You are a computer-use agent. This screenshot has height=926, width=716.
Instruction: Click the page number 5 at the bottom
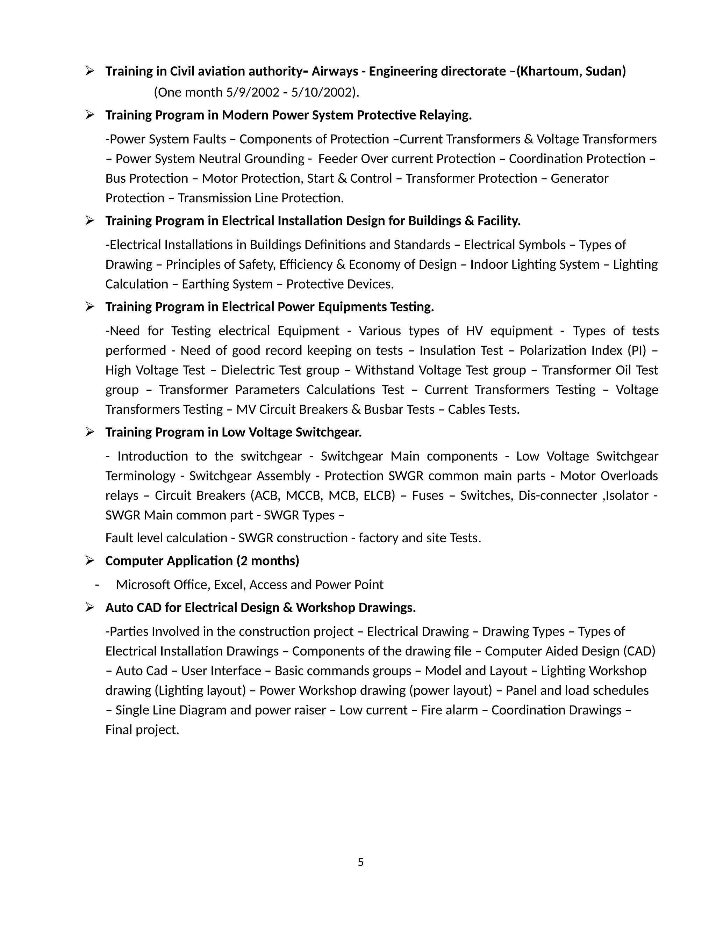[x=360, y=862]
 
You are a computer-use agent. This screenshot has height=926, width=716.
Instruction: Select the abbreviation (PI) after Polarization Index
[x=637, y=350]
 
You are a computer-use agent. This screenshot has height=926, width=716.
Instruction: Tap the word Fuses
[x=428, y=495]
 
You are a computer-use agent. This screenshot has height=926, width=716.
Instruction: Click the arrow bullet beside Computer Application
[x=89, y=561]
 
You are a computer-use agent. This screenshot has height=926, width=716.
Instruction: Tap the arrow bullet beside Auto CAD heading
[x=89, y=608]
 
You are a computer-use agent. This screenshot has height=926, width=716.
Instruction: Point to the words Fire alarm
[x=449, y=710]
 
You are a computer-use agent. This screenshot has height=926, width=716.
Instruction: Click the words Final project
[x=142, y=730]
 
